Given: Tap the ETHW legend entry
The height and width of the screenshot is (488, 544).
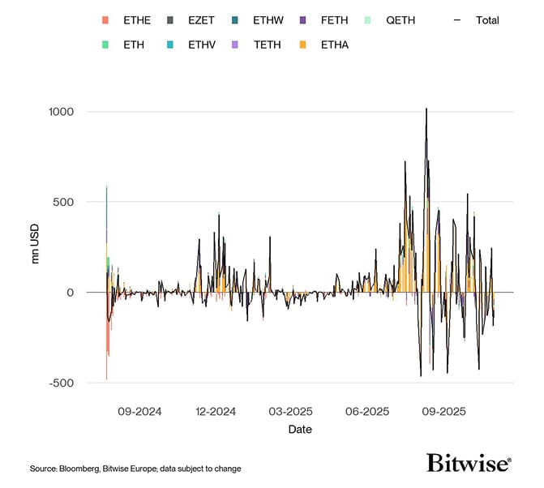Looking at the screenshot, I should point(269,19).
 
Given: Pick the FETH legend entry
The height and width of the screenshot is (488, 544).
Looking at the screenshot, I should point(334,19).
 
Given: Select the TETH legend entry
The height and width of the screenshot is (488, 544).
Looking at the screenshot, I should point(267,45).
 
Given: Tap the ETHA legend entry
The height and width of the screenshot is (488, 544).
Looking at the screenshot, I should point(334,45).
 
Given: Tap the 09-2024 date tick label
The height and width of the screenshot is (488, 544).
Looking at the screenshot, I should point(139,412).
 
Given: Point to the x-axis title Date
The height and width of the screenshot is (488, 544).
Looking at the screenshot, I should point(300,430).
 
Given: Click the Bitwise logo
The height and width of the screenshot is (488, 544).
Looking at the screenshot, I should point(469,463).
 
